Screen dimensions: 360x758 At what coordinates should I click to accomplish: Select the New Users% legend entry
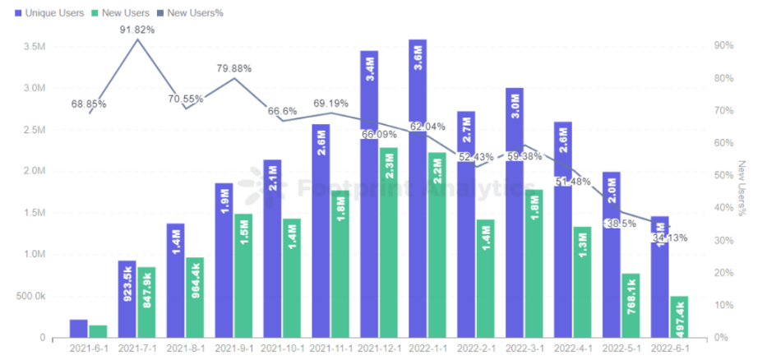point(195,13)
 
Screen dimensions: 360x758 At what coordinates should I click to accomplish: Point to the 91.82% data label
point(137,30)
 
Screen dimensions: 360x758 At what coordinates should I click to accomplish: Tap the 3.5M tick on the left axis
point(34,46)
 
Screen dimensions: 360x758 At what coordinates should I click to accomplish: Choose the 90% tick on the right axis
point(723,46)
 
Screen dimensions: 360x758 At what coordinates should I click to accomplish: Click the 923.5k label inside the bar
point(127,285)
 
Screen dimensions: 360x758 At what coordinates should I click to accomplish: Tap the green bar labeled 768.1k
point(631,305)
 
